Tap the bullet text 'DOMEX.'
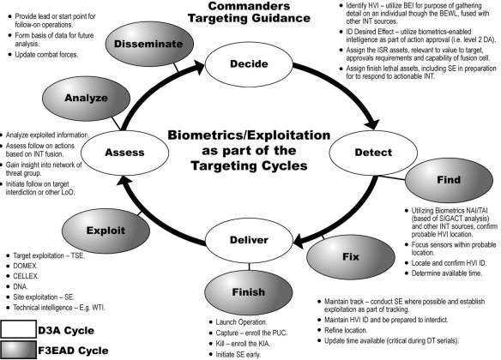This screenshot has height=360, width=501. (x=29, y=277)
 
